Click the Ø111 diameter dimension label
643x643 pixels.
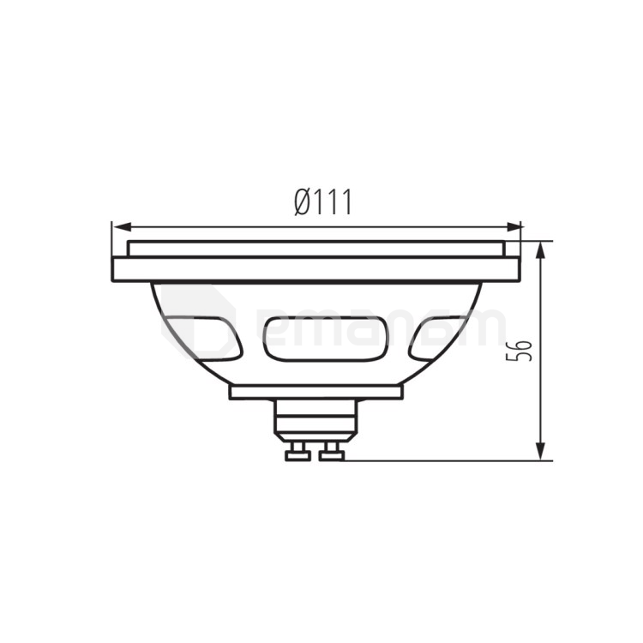pos(323,202)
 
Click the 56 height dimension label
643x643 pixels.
pos(520,349)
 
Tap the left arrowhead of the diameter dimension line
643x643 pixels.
pos(120,227)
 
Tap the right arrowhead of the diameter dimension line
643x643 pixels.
pos(514,227)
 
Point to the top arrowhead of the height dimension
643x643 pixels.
pos(540,249)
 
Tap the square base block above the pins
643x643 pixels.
pos(315,418)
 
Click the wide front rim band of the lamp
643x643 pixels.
pos(316,269)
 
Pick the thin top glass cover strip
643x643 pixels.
pos(316,248)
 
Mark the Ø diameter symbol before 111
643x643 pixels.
pos(303,202)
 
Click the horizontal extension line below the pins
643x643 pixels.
pos(446,460)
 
